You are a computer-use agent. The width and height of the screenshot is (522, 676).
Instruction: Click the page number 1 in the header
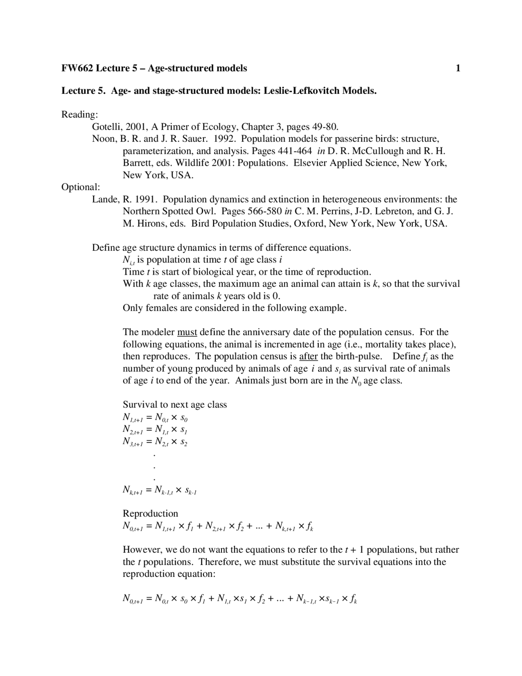coord(458,68)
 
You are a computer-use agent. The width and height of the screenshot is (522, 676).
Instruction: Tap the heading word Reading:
coord(80,115)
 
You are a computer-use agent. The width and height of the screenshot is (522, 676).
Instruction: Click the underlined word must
coord(187,332)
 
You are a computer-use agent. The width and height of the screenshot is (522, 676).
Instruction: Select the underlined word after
coord(308,356)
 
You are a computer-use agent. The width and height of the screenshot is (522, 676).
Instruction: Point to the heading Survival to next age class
coord(175,405)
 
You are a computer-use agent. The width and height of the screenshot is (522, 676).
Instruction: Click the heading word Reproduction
coord(150,514)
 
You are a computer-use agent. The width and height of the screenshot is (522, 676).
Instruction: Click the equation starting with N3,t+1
coord(155,442)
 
